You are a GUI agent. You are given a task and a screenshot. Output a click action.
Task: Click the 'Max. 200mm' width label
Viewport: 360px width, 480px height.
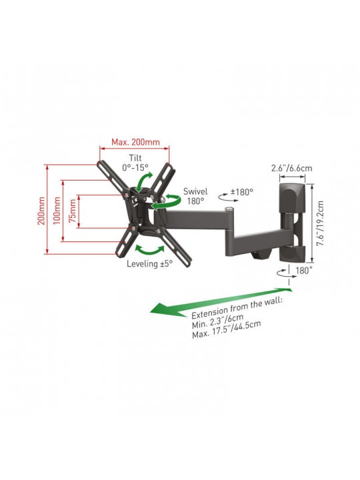coord(135,142)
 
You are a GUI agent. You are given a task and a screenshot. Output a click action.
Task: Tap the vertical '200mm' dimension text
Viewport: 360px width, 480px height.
coord(41,211)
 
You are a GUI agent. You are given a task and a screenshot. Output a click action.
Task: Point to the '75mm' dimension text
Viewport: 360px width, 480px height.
coord(73,211)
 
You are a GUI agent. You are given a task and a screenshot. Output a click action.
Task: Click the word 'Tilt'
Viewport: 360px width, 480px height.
coord(135,158)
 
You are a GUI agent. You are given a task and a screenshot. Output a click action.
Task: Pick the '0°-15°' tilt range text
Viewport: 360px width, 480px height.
coord(135,167)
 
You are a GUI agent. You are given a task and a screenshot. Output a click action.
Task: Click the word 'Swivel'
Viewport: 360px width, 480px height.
coord(195,191)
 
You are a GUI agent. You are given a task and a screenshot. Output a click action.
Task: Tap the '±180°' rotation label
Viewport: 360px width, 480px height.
coord(242,192)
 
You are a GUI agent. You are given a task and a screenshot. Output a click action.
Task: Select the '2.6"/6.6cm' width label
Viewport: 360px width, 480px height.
coord(292,168)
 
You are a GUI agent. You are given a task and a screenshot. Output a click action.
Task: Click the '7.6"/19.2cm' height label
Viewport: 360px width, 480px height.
coord(320,223)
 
